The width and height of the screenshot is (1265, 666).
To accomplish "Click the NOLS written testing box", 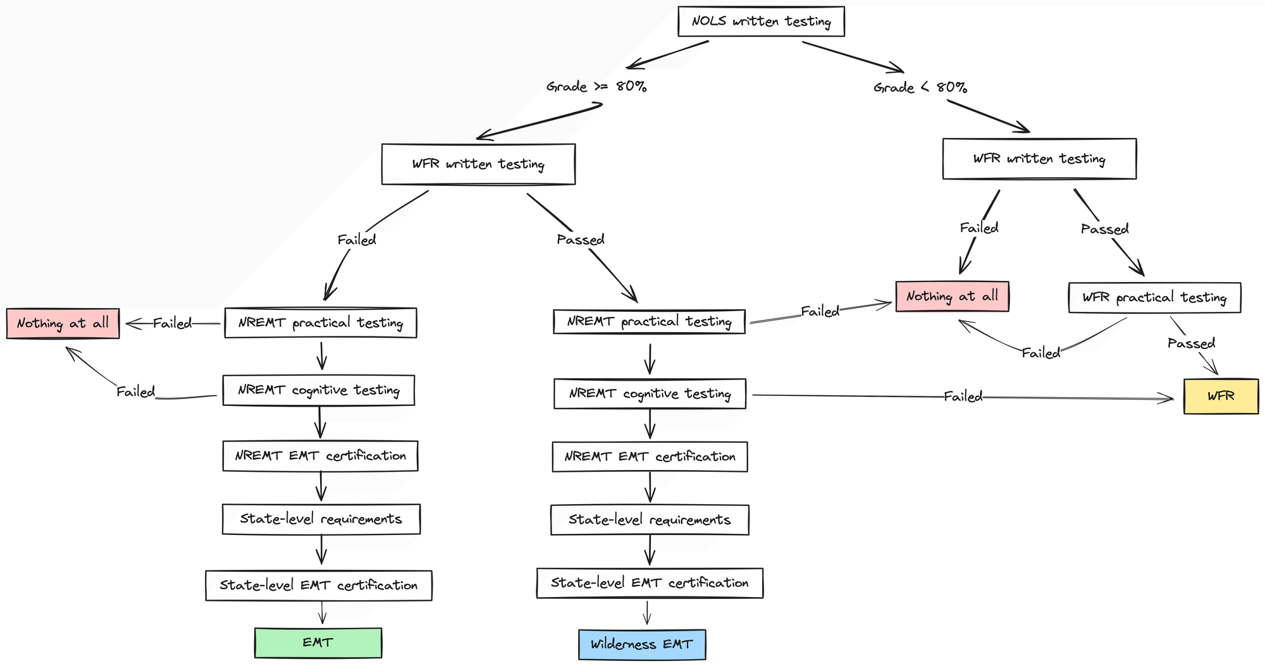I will click(761, 22).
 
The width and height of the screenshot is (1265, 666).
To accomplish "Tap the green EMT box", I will click(318, 643).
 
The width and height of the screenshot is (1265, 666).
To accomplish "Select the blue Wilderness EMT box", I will click(642, 644).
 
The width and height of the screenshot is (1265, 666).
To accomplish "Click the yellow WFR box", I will click(1221, 396).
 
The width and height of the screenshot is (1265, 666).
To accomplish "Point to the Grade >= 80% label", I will click(596, 87).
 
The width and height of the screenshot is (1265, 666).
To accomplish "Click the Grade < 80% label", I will click(920, 87).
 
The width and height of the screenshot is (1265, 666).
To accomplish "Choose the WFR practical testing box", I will click(1154, 297).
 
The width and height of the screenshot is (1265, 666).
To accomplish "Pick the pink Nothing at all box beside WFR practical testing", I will click(952, 297).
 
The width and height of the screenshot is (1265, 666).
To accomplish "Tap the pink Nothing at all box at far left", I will click(63, 323).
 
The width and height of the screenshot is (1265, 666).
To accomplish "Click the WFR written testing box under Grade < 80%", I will click(1039, 159).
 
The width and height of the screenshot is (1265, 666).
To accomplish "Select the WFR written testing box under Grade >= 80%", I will click(478, 164).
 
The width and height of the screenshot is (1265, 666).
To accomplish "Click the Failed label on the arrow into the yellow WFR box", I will click(963, 397).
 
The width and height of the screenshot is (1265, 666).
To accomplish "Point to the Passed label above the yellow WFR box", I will click(1191, 343).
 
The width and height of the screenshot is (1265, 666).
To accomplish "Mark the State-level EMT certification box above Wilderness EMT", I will click(650, 583).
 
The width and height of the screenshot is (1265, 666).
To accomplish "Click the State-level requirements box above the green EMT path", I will click(321, 519).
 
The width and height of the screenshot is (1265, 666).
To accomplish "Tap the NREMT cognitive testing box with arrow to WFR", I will click(650, 394).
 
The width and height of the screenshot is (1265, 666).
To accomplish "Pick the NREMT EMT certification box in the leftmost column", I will click(320, 456).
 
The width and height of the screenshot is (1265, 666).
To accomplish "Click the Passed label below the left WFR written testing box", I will click(580, 240).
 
